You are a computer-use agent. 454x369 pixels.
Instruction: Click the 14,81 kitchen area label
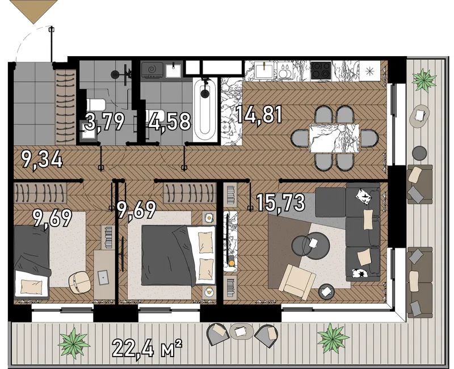[x=259, y=114]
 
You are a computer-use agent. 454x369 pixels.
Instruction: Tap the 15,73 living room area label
[x=280, y=202]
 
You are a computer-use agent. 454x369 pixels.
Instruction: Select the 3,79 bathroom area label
[x=105, y=121]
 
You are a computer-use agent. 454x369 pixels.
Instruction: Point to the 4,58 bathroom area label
[x=170, y=121]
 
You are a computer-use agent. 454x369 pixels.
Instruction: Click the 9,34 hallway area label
[x=42, y=160]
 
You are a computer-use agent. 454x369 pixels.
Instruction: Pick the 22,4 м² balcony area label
[x=147, y=349]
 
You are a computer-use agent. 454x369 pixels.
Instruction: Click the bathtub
[x=205, y=110]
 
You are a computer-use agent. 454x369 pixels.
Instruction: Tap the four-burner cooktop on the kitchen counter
[x=321, y=70]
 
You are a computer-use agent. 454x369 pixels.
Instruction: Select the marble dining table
[x=334, y=138]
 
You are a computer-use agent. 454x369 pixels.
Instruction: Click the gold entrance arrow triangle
[x=34, y=10]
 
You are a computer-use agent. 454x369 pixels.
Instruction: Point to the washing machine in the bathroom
[x=152, y=69]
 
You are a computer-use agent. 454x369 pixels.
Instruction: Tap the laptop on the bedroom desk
[x=103, y=277]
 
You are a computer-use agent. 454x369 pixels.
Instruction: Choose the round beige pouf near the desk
[x=79, y=282]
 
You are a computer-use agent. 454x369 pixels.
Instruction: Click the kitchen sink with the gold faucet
[x=264, y=70]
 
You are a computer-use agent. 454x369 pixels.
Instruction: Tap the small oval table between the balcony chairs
[x=242, y=332]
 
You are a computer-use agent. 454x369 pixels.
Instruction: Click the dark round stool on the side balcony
[x=419, y=152]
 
